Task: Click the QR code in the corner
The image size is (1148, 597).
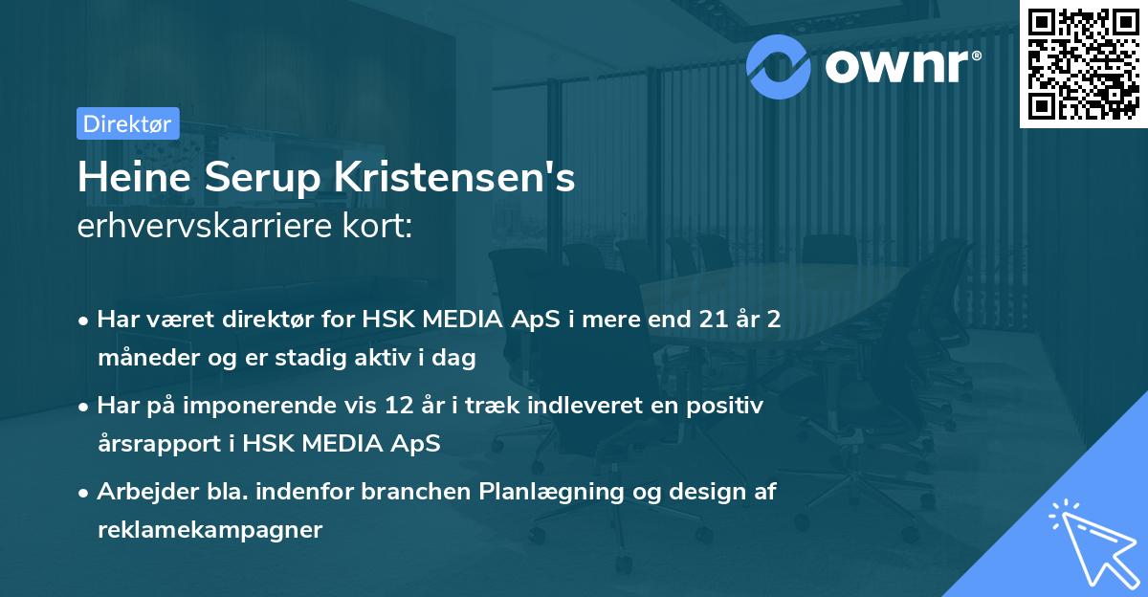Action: point(1083,63)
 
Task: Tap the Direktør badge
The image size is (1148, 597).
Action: point(127,123)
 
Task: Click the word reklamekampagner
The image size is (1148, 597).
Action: point(210,529)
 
